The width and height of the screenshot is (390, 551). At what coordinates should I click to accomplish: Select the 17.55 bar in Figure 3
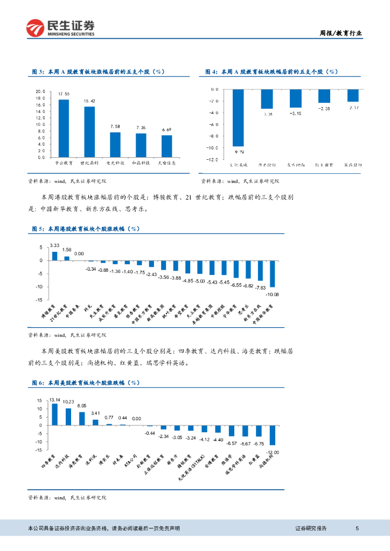64,128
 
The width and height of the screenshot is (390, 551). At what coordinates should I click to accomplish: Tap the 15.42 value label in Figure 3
89,101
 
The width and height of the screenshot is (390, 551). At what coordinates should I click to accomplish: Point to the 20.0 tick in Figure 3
40,91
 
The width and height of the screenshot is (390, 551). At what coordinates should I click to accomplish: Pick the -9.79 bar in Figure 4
238,117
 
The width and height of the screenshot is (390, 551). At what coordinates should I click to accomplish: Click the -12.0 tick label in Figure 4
212,160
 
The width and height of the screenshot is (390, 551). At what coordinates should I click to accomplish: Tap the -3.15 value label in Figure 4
295,114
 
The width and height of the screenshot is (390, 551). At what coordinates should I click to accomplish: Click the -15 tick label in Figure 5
38,300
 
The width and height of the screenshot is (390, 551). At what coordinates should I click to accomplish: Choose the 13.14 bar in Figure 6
54,414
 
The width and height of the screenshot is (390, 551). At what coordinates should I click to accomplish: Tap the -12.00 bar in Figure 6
273,435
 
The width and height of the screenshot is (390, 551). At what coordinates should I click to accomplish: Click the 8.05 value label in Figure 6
82,405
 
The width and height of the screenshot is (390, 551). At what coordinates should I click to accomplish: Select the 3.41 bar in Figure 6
95,422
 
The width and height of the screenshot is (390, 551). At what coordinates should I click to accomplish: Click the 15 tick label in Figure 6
39,401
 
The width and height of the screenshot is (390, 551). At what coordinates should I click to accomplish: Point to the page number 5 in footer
357,528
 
